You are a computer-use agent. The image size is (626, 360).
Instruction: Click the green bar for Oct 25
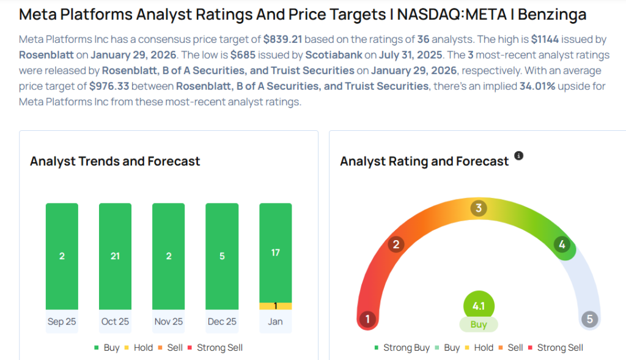pos(115,256)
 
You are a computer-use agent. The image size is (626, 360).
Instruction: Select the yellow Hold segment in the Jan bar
pos(275,306)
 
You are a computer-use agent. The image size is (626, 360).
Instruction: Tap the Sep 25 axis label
pos(62,321)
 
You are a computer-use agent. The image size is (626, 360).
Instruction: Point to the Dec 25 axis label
pos(222,321)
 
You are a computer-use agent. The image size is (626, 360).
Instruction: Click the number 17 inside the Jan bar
pos(275,252)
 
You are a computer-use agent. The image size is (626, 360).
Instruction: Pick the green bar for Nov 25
pos(168,256)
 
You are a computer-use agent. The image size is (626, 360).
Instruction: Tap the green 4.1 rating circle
pos(479,306)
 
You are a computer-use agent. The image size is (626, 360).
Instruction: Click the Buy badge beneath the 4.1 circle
pos(479,325)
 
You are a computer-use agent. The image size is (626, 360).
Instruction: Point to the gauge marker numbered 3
pos(479,208)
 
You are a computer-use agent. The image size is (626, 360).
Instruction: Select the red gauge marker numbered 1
pos(367,319)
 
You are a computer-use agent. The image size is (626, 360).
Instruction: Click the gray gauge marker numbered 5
pos(589,319)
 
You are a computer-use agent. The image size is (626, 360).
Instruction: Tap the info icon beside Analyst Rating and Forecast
pos(518,156)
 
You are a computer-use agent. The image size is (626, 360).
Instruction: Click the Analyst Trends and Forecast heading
pos(115,161)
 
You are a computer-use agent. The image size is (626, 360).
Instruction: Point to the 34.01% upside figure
pos(537,86)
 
